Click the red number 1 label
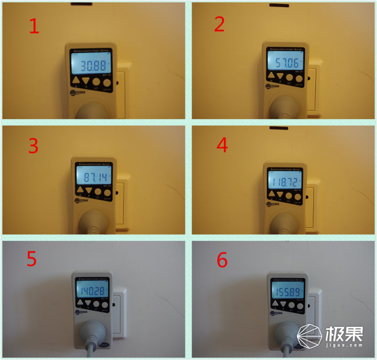pos(34,26)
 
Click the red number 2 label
pos(219,25)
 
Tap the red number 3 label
pos(33,146)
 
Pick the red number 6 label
pos(222,260)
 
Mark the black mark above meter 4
pos(277,128)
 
